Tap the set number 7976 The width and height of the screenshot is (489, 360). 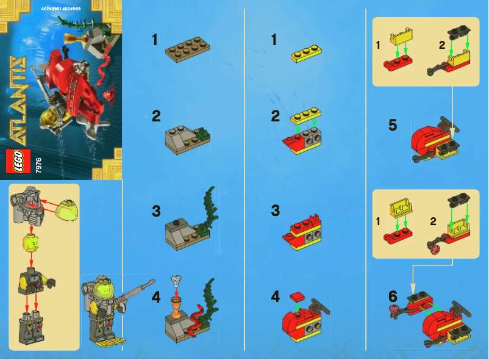(38, 163)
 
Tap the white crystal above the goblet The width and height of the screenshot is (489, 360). (176, 281)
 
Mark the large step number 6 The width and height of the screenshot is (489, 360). (393, 296)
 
